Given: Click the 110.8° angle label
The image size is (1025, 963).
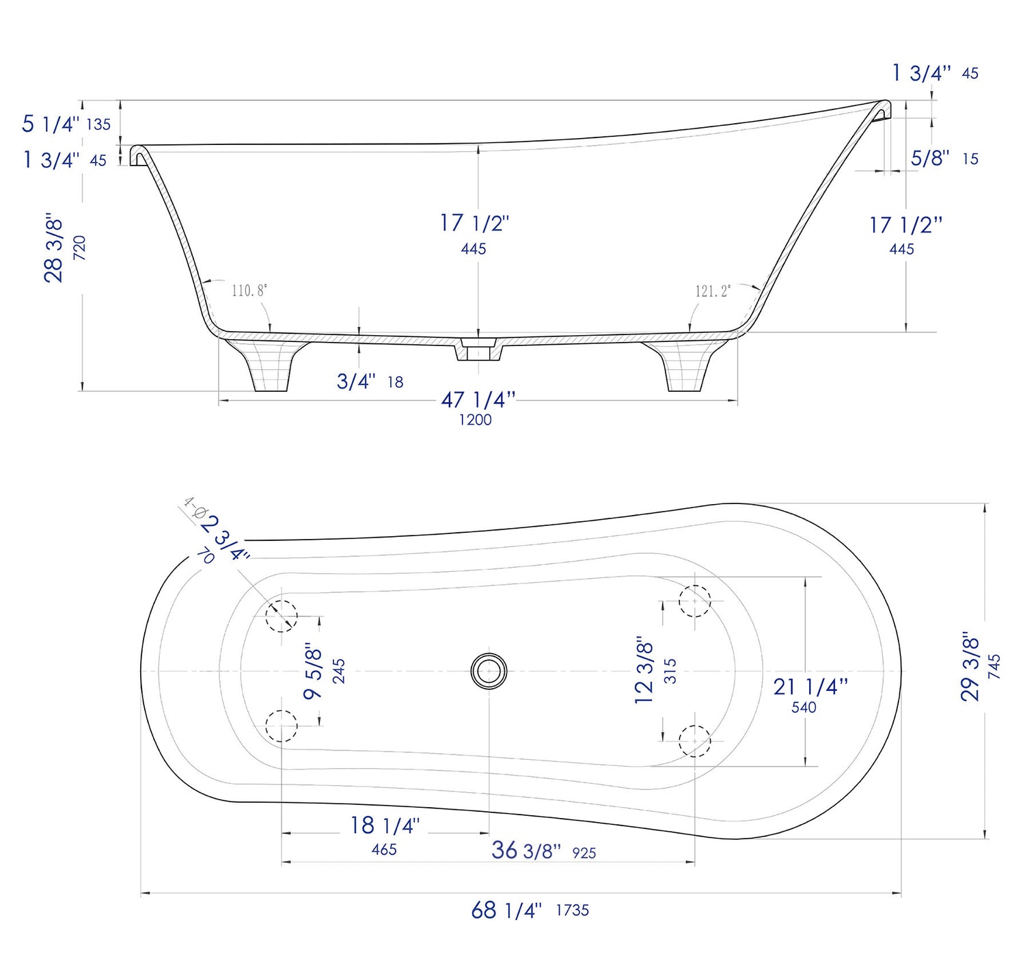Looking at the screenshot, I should [249, 291].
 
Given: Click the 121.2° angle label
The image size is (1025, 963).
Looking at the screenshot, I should [713, 291].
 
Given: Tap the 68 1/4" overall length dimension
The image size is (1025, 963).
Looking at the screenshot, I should [506, 910].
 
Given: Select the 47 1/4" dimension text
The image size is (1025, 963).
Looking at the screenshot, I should [478, 400].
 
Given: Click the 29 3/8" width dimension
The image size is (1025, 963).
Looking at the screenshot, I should [970, 666].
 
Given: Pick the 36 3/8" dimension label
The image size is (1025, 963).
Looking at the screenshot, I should [525, 851].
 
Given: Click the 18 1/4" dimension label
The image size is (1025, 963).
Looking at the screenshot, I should [385, 826].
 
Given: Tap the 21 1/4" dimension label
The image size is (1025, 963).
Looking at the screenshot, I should [810, 687].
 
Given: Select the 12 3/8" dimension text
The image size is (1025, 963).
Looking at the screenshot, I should [644, 672].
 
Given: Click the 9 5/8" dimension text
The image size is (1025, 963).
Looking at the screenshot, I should [313, 671].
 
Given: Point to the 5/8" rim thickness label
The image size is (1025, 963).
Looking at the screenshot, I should [930, 158].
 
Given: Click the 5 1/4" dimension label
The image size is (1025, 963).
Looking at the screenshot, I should [51, 124].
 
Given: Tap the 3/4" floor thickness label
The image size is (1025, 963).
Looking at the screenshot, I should [356, 382].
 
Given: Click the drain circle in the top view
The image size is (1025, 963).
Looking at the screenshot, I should [489, 671].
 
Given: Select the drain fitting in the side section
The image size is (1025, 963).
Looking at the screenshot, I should [478, 349].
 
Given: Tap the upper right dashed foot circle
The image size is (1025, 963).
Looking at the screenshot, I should [695, 601].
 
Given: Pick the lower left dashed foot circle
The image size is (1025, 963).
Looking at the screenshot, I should [282, 726].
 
